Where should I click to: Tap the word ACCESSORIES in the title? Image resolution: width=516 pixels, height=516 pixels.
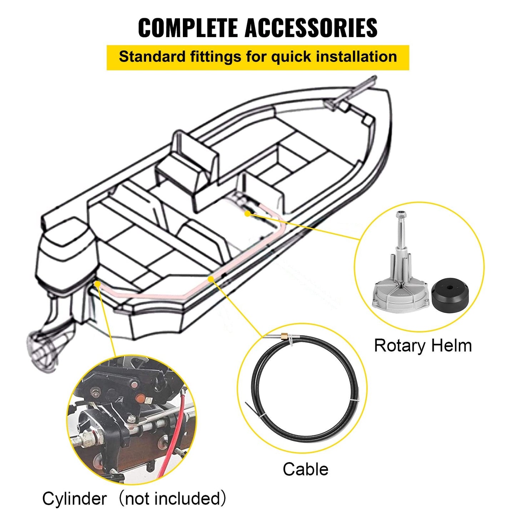point(311,28)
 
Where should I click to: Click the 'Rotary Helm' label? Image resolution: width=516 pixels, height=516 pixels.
point(423,346)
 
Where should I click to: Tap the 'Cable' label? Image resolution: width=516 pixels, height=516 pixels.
point(305,469)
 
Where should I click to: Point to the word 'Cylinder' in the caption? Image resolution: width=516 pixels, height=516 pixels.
point(74,499)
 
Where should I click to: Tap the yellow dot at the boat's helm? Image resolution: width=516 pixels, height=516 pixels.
point(247,213)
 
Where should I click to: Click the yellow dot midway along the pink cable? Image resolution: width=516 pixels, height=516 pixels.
point(210,278)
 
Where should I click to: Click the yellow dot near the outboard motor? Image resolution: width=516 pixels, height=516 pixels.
point(97,283)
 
